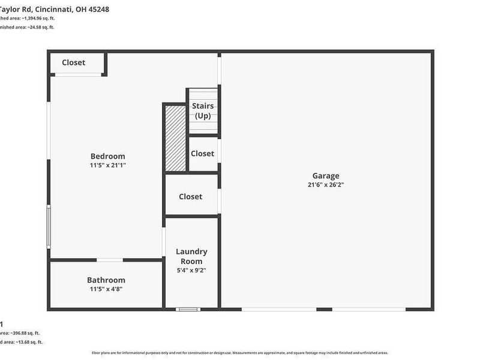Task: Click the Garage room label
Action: (x=326, y=176)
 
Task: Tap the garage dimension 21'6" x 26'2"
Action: (x=326, y=185)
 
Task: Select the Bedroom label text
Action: (x=107, y=156)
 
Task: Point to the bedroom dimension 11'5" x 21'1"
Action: (x=107, y=165)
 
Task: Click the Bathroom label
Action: (x=106, y=280)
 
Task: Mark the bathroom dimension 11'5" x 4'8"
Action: (x=106, y=289)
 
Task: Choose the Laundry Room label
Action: (x=191, y=256)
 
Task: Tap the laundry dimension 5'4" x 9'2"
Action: (x=191, y=271)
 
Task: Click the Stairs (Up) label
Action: (x=203, y=110)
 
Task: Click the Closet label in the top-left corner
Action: (x=74, y=62)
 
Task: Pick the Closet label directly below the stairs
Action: (x=202, y=154)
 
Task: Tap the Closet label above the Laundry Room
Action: (x=190, y=197)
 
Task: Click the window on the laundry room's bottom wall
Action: (x=188, y=309)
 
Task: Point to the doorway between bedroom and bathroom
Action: (x=110, y=260)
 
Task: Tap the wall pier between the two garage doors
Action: (x=324, y=309)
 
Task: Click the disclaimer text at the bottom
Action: (x=240, y=353)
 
